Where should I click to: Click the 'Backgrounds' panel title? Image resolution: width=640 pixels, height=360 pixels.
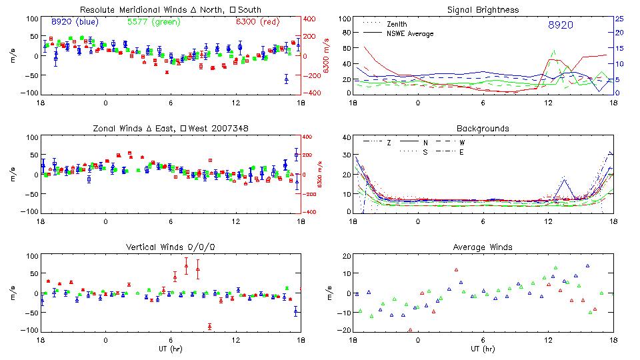[x=483, y=128]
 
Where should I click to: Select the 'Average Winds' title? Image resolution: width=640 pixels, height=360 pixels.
[x=483, y=247]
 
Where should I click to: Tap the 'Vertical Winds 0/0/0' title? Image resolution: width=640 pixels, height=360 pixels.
[x=170, y=247]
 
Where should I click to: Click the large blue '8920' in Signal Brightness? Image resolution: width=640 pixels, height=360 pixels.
[x=560, y=25]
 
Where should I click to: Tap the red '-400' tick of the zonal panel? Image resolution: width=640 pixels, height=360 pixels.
[x=311, y=212]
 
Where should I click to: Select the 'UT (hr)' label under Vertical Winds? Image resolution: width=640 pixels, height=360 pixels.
[x=170, y=349]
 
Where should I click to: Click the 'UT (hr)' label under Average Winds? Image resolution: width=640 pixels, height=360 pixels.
[x=483, y=349]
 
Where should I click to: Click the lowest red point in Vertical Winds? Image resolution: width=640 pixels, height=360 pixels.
[x=209, y=326]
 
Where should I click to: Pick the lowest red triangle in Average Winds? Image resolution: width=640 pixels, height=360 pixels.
[x=411, y=329]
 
